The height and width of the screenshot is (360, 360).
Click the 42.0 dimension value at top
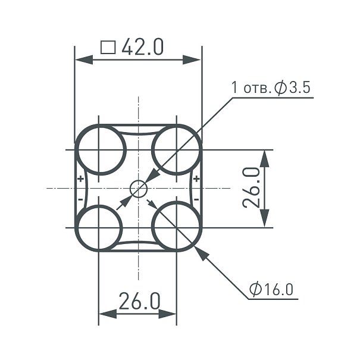coord(142,47)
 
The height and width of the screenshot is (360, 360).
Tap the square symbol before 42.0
coord(108,48)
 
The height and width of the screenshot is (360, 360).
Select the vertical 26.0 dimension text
coord(251,188)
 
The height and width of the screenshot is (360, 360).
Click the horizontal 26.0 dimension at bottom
coord(139,301)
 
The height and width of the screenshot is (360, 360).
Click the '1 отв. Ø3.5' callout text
coord(271,87)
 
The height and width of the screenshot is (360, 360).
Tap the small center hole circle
coord(139,189)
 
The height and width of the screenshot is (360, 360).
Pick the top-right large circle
coord(152,150)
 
